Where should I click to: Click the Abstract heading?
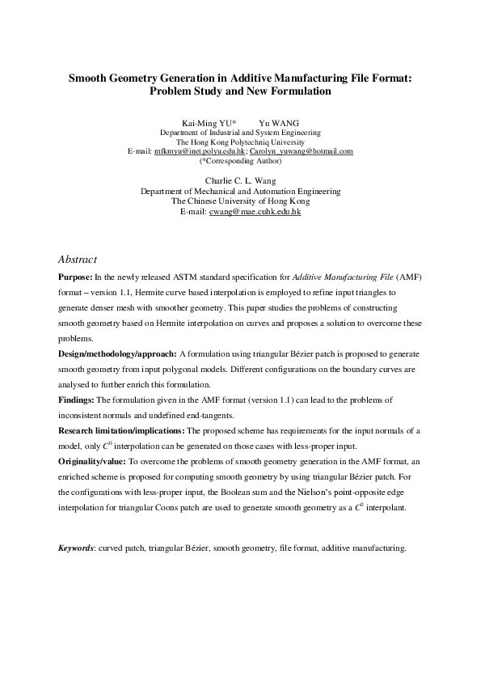click(78, 260)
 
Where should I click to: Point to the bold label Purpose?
click(76, 277)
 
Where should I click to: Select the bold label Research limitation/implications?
click(121, 431)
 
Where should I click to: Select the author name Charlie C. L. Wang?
click(240, 180)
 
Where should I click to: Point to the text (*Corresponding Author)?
click(241, 161)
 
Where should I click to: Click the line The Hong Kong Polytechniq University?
click(240, 142)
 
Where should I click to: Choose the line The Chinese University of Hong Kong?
click(240, 201)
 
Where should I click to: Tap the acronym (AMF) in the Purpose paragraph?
click(408, 277)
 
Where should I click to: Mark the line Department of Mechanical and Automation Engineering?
click(240, 192)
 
